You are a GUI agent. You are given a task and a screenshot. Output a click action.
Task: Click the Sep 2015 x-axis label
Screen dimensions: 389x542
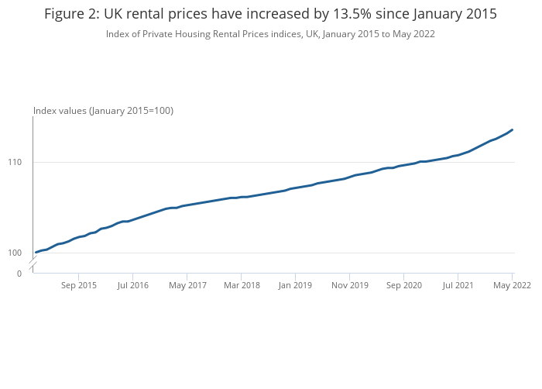pos(79,285)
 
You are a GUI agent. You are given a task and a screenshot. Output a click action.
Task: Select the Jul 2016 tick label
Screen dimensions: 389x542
pos(132,285)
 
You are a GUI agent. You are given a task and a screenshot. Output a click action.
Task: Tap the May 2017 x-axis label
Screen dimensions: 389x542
pos(187,285)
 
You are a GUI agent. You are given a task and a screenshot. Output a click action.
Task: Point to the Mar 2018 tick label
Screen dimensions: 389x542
pos(241,285)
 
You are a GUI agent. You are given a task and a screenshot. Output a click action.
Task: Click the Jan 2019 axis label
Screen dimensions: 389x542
pos(295,285)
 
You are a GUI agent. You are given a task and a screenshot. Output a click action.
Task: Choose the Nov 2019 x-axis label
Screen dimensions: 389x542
pos(349,285)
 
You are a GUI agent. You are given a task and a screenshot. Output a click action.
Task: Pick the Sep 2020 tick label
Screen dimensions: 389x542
pos(404,285)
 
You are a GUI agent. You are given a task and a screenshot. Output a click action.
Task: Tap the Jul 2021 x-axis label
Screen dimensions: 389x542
pos(458,285)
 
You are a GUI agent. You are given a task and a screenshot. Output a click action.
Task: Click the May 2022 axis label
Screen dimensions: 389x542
pos(512,285)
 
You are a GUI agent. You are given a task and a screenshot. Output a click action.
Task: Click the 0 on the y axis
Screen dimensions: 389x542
pos(19,274)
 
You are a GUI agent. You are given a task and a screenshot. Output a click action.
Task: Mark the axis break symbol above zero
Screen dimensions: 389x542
pos(33,266)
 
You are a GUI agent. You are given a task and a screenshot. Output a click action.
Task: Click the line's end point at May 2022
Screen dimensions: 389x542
pos(512,130)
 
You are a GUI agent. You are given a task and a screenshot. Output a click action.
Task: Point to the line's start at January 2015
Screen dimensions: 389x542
pos(36,253)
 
